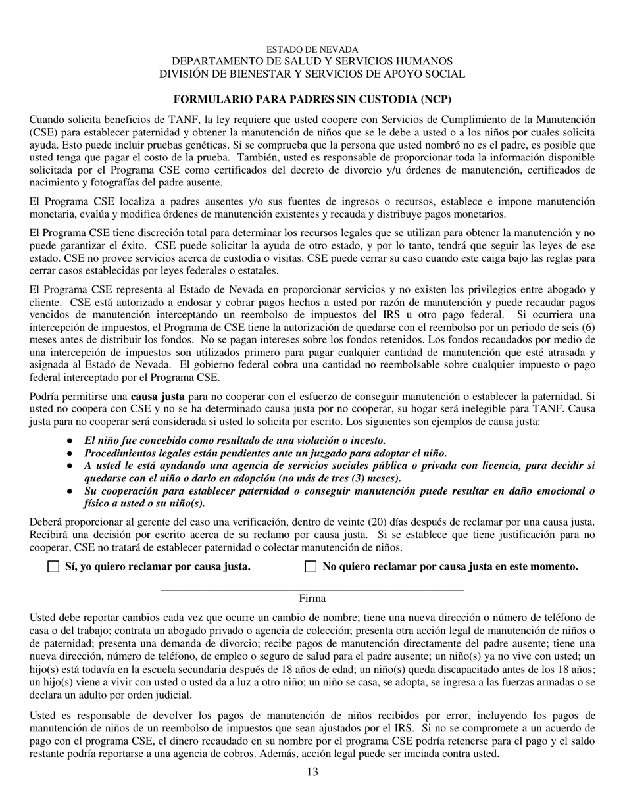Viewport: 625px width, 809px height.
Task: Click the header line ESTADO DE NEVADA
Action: point(312,50)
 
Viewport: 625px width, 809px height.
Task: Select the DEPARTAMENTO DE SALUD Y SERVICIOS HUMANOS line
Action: point(312,61)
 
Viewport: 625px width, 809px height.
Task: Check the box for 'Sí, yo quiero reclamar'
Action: point(53,566)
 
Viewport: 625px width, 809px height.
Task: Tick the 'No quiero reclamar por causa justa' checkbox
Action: point(311,566)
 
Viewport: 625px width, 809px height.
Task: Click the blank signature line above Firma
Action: point(312,589)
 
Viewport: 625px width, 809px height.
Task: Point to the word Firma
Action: point(312,599)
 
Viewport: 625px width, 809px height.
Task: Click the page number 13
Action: point(312,772)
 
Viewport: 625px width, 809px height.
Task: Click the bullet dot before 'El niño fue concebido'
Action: point(69,441)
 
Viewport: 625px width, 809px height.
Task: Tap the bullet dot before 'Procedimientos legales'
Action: point(69,453)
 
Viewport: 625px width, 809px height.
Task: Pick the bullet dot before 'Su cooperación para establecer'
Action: point(69,491)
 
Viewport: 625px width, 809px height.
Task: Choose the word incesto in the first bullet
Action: point(366,441)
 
